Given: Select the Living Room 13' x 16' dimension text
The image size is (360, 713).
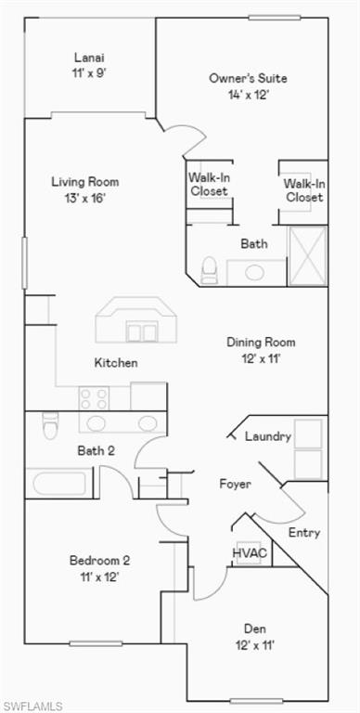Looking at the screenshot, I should pos(84,198).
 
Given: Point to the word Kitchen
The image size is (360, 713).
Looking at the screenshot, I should pos(116,363).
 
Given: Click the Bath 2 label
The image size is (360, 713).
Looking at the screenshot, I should pos(96,451).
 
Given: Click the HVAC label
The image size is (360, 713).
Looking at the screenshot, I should pos(250,553).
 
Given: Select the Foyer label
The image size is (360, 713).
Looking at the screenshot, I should pos(235,485).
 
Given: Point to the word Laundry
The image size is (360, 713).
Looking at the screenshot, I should pos(268,436).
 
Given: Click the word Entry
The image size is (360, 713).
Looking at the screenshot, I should pos(304,533).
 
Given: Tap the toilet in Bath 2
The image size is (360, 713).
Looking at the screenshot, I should pos(52,426).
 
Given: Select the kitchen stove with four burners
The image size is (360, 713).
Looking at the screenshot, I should pos(94,398).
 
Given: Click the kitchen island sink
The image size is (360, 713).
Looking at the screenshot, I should pos(141,331).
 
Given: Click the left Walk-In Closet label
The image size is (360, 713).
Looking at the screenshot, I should pos(209,184).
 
